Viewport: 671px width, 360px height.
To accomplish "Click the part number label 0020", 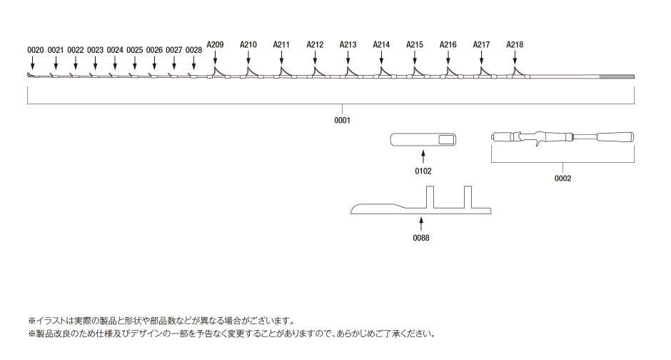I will [x=35, y=50].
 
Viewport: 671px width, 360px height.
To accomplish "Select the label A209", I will [x=215, y=44].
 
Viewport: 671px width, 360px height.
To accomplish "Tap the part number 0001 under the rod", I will [x=343, y=121].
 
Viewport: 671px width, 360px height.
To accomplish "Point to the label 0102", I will [x=423, y=171].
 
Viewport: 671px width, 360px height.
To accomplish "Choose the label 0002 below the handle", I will [x=562, y=179].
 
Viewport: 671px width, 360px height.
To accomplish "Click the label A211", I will [x=281, y=44].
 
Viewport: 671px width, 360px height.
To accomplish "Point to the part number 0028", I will [x=193, y=50].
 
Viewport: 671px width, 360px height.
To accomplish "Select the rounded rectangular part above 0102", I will [x=423, y=140].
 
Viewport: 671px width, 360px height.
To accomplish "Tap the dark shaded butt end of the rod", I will [x=617, y=77].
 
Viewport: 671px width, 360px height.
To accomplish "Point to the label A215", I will [x=415, y=44].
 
